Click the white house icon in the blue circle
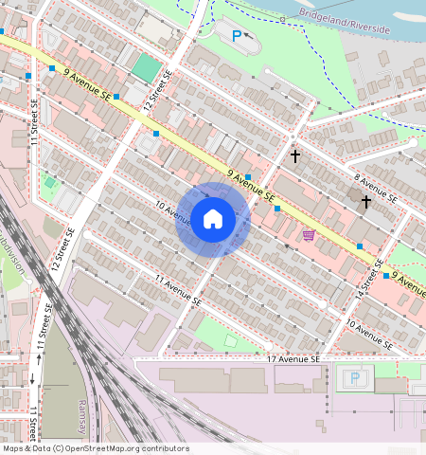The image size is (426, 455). [213, 220]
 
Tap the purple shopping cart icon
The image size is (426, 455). [309, 234]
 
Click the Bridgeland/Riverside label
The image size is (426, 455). [345, 23]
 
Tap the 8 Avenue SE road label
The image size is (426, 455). [374, 189]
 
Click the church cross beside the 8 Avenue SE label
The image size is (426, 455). [365, 202]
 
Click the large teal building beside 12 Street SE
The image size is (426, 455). [146, 67]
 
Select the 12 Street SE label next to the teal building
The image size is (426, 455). [157, 88]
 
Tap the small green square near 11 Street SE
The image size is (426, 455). [49, 182]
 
